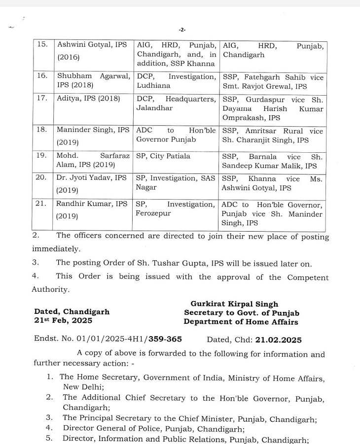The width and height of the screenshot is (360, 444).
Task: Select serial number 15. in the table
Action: [x=43, y=44]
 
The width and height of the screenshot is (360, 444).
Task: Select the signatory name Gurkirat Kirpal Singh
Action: [x=234, y=304]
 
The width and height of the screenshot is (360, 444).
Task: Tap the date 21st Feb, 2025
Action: [x=63, y=321]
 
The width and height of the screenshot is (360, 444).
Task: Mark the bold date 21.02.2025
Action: [x=279, y=340]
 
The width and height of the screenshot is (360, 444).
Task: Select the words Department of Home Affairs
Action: [x=241, y=322]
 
